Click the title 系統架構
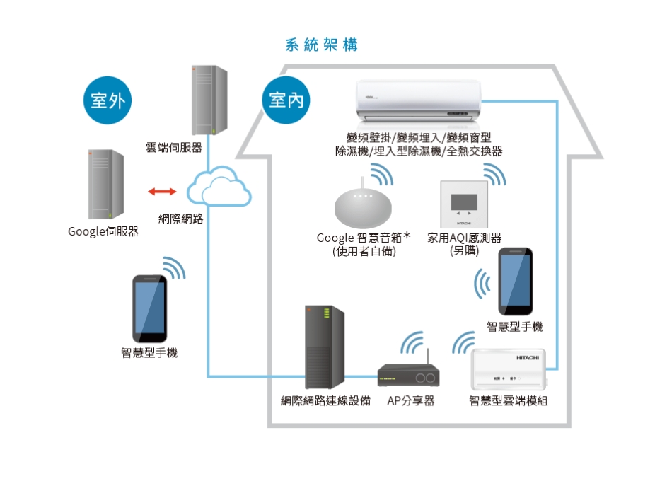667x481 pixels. (x=322, y=45)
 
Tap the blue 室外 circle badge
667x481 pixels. (x=108, y=100)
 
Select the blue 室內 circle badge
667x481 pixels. (x=286, y=100)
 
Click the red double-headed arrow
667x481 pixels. (x=163, y=191)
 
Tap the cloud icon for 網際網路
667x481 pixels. (x=219, y=187)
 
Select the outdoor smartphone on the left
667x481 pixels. (x=150, y=308)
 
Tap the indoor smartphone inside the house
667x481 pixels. (x=515, y=282)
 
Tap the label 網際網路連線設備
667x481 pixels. (x=325, y=401)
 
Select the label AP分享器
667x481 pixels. (x=411, y=401)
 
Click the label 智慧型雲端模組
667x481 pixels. (x=509, y=401)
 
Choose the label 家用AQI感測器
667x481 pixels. (x=464, y=238)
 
